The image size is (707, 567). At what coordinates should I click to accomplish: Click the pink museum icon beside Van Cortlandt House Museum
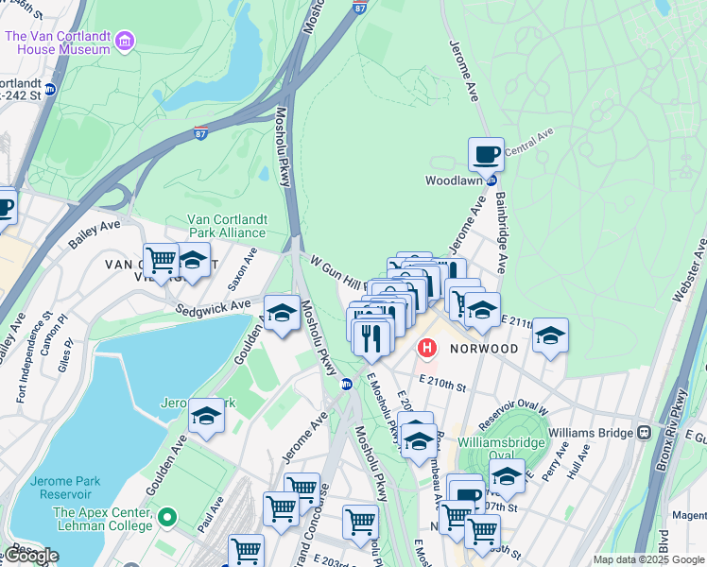125,41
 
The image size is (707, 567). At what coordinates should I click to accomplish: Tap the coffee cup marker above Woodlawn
486,153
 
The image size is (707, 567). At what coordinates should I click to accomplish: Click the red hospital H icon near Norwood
427,349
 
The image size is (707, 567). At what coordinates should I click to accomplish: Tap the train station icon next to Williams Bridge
645,432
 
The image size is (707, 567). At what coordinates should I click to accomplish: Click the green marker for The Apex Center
167,517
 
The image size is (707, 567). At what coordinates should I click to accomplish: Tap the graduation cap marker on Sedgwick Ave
282,312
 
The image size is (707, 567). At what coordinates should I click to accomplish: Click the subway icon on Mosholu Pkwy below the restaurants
347,384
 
